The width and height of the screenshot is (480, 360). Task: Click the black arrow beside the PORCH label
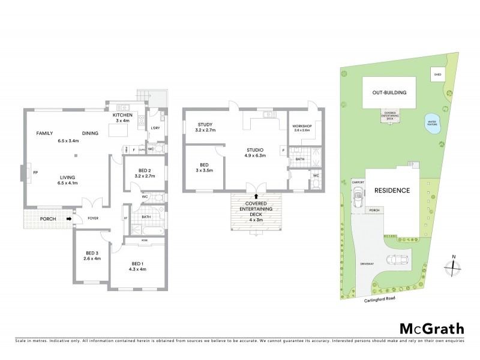pyautogui.click(x=69, y=218)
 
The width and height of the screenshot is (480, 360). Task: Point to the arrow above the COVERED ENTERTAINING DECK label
pyautogui.click(x=256, y=196)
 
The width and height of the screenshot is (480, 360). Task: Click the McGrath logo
pyautogui.click(x=431, y=328)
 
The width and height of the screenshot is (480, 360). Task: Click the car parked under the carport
pyautogui.click(x=359, y=194)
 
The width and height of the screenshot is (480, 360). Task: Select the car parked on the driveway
pyautogui.click(x=398, y=260)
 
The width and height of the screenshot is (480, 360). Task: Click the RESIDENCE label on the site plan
pyautogui.click(x=392, y=191)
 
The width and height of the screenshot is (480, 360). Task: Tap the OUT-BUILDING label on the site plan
pyautogui.click(x=389, y=93)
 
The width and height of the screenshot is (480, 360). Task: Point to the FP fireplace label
pyautogui.click(x=36, y=173)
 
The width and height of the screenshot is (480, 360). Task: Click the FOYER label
pyautogui.click(x=93, y=218)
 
